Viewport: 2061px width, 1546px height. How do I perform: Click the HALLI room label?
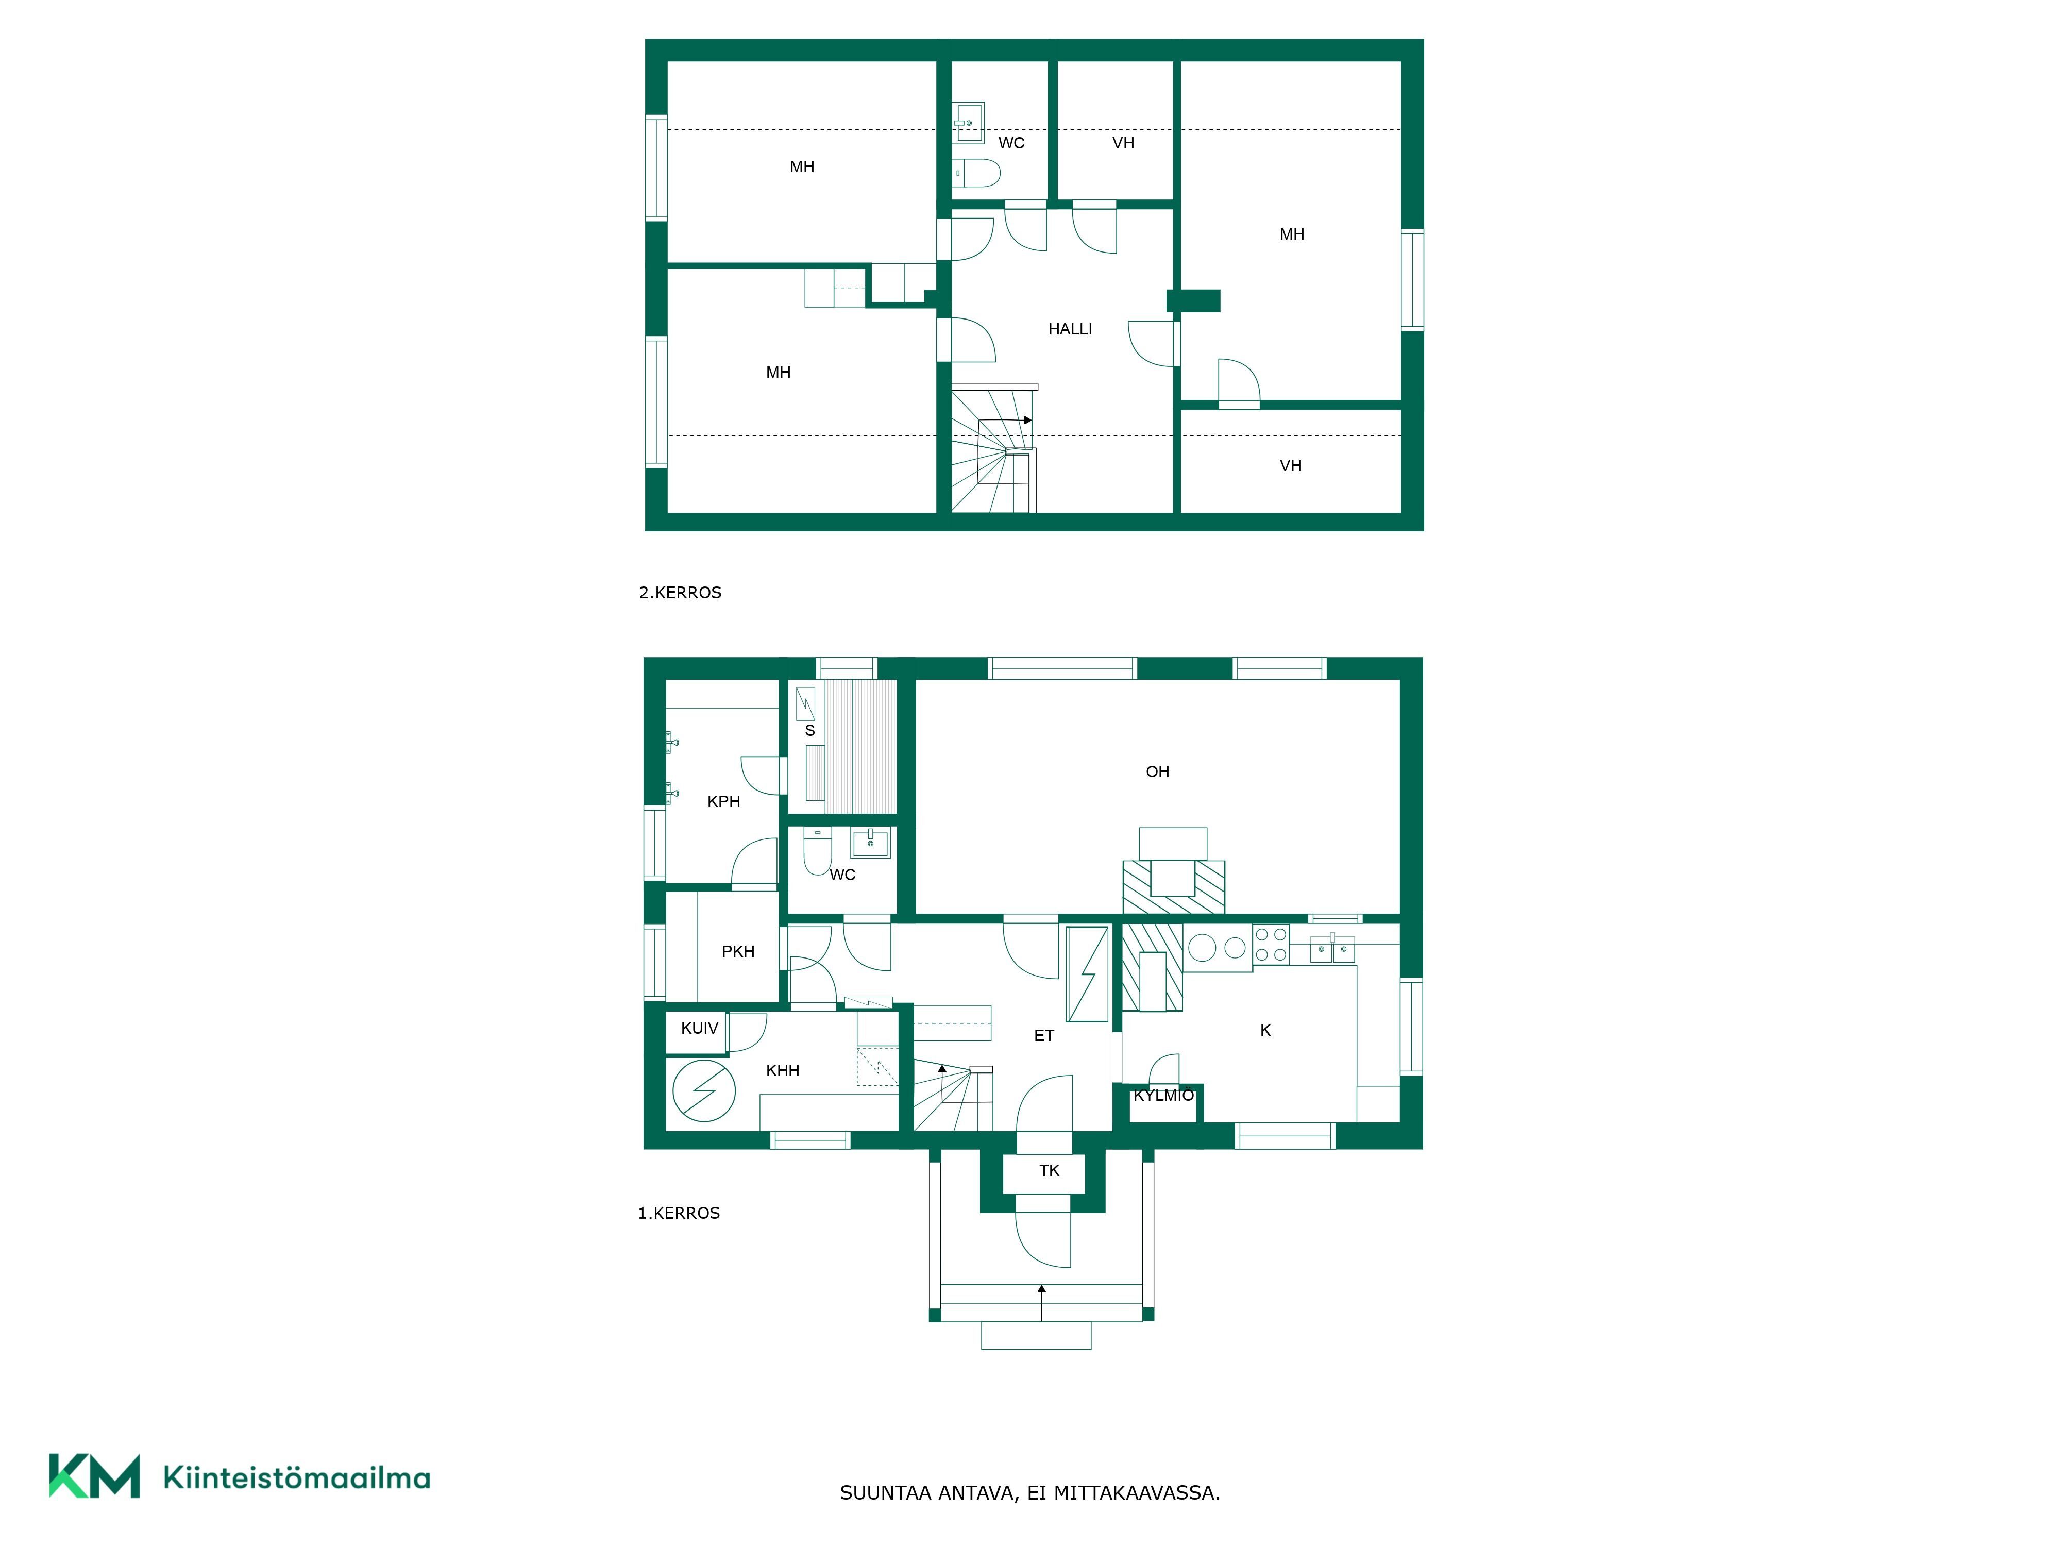1070,329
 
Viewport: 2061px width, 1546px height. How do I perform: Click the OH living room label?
1157,771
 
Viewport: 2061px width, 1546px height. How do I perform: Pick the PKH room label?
738,951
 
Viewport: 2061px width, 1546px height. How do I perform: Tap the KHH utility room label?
783,1071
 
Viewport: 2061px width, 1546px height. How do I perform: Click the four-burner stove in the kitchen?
1271,944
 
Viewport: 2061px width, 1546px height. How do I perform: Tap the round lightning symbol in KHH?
703,1090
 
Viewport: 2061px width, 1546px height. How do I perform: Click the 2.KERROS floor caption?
680,593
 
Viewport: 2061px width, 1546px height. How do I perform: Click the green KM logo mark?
94,1475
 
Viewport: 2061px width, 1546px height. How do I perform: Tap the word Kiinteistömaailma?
296,1477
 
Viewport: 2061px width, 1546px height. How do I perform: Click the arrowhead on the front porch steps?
1042,1289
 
